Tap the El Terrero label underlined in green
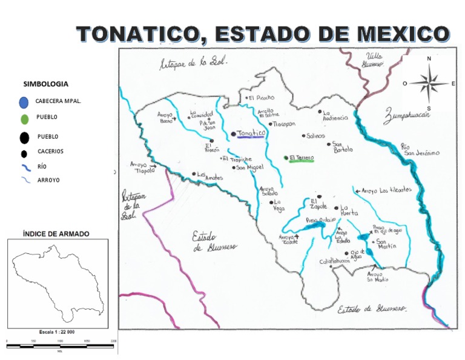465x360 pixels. click(301, 158)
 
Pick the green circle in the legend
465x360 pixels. click(24, 118)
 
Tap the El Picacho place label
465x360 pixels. click(261, 98)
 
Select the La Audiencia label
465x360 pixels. click(335, 115)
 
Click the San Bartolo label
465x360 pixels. click(342, 147)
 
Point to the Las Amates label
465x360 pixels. click(210, 176)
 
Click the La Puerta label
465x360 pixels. click(349, 210)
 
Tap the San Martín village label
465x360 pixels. click(386, 244)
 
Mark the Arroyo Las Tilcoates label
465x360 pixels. click(387, 190)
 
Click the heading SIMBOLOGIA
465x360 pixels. click(45, 84)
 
